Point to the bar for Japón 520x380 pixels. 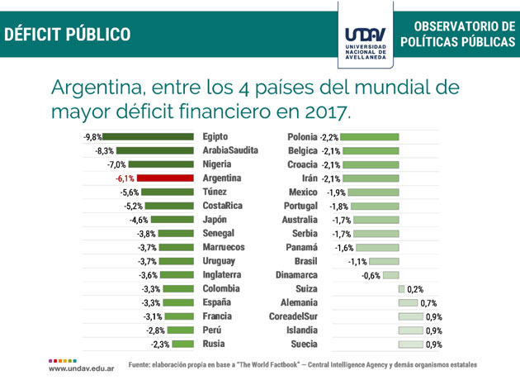pyautogui.click(x=171, y=220)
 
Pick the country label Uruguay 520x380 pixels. pyautogui.click(x=222, y=261)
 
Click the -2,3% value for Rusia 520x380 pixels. pyautogui.click(x=161, y=344)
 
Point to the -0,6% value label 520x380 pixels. pyautogui.click(x=373, y=275)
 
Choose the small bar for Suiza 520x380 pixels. pyautogui.click(x=401, y=289)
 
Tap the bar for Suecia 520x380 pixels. pyautogui.click(x=410, y=344)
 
